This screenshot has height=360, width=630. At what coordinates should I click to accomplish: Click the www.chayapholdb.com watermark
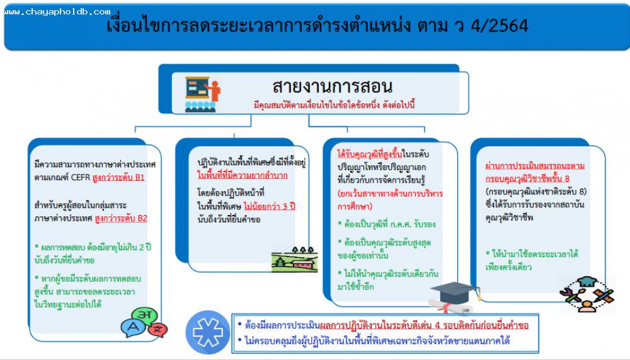pyautogui.click(x=57, y=12)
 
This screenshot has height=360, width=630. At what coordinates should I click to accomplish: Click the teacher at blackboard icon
pyautogui.click(x=202, y=94)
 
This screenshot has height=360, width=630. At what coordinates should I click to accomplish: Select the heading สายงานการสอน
pyautogui.click(x=332, y=86)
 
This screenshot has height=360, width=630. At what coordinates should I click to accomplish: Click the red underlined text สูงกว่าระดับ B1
pyautogui.click(x=118, y=177)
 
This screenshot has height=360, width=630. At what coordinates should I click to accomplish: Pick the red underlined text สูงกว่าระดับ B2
pyautogui.click(x=121, y=218)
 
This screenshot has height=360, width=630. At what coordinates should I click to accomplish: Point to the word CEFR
pyautogui.click(x=81, y=177)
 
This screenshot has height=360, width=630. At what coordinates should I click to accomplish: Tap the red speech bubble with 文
pyautogui.click(x=158, y=330)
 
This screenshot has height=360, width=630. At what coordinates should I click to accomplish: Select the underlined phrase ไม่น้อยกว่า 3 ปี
pyautogui.click(x=269, y=206)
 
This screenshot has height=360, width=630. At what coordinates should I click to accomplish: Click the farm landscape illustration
pyautogui.click(x=294, y=259)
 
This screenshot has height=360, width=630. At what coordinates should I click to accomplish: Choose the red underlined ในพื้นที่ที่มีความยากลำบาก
pyautogui.click(x=243, y=175)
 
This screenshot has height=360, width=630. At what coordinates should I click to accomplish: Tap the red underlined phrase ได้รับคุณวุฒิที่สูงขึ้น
pyautogui.click(x=370, y=154)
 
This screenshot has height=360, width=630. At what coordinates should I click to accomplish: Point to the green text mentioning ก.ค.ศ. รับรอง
pyautogui.click(x=387, y=224)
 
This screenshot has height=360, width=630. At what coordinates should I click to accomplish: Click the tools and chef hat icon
pyautogui.click(x=587, y=294)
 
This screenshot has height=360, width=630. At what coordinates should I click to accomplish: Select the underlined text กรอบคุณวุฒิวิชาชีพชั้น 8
pyautogui.click(x=527, y=178)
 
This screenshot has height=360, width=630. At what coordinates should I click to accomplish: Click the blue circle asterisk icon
pyautogui.click(x=208, y=332)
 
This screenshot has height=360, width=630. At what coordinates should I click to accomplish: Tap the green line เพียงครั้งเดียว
pyautogui.click(x=508, y=267)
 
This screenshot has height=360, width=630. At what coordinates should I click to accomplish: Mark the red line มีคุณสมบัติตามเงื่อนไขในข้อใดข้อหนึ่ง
pyautogui.click(x=316, y=105)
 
